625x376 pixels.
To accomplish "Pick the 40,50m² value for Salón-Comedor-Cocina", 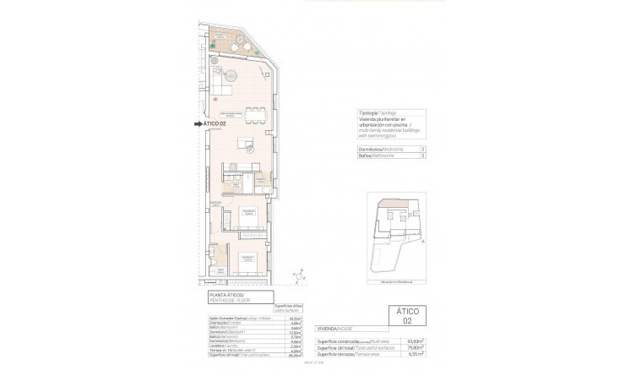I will tap(295, 318).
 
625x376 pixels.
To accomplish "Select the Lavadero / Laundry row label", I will tap(221, 346).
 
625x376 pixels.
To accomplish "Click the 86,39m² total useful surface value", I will tap(295, 356).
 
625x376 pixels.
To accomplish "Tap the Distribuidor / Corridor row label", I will tap(224, 323).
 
